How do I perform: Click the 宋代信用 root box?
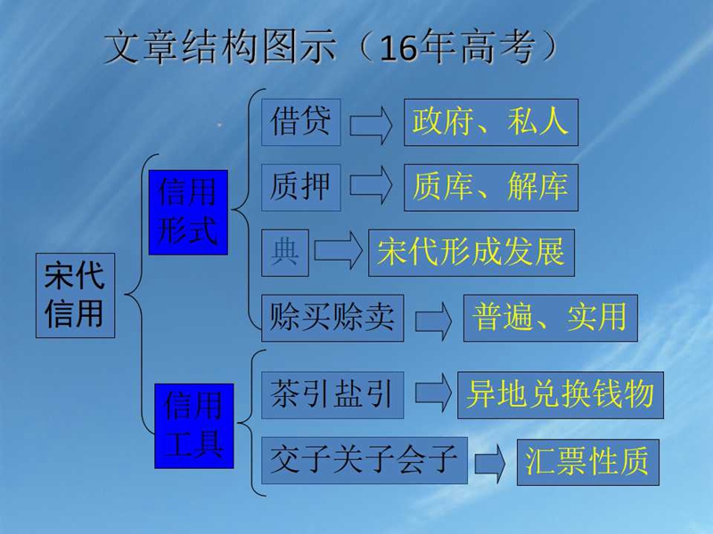(x=75, y=295)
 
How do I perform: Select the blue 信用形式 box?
(x=188, y=212)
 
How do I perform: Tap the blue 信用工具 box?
(x=194, y=426)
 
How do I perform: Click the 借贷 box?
(x=301, y=122)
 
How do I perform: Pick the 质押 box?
(x=301, y=188)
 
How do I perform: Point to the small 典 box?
(x=285, y=253)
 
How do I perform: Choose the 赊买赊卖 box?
(x=332, y=318)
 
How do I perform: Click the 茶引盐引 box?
(x=332, y=395)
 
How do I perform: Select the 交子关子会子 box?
(x=365, y=460)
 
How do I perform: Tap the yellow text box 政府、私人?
(x=491, y=122)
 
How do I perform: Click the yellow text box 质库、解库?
(x=491, y=188)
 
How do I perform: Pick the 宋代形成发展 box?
(x=471, y=253)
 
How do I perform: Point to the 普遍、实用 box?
(x=551, y=318)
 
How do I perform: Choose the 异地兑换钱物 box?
(x=561, y=395)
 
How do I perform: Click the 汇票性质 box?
(x=588, y=462)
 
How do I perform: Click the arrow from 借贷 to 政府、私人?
(x=371, y=125)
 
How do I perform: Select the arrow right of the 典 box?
(x=339, y=250)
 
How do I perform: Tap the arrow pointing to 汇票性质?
(x=490, y=463)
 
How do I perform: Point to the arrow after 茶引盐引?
(x=433, y=392)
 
